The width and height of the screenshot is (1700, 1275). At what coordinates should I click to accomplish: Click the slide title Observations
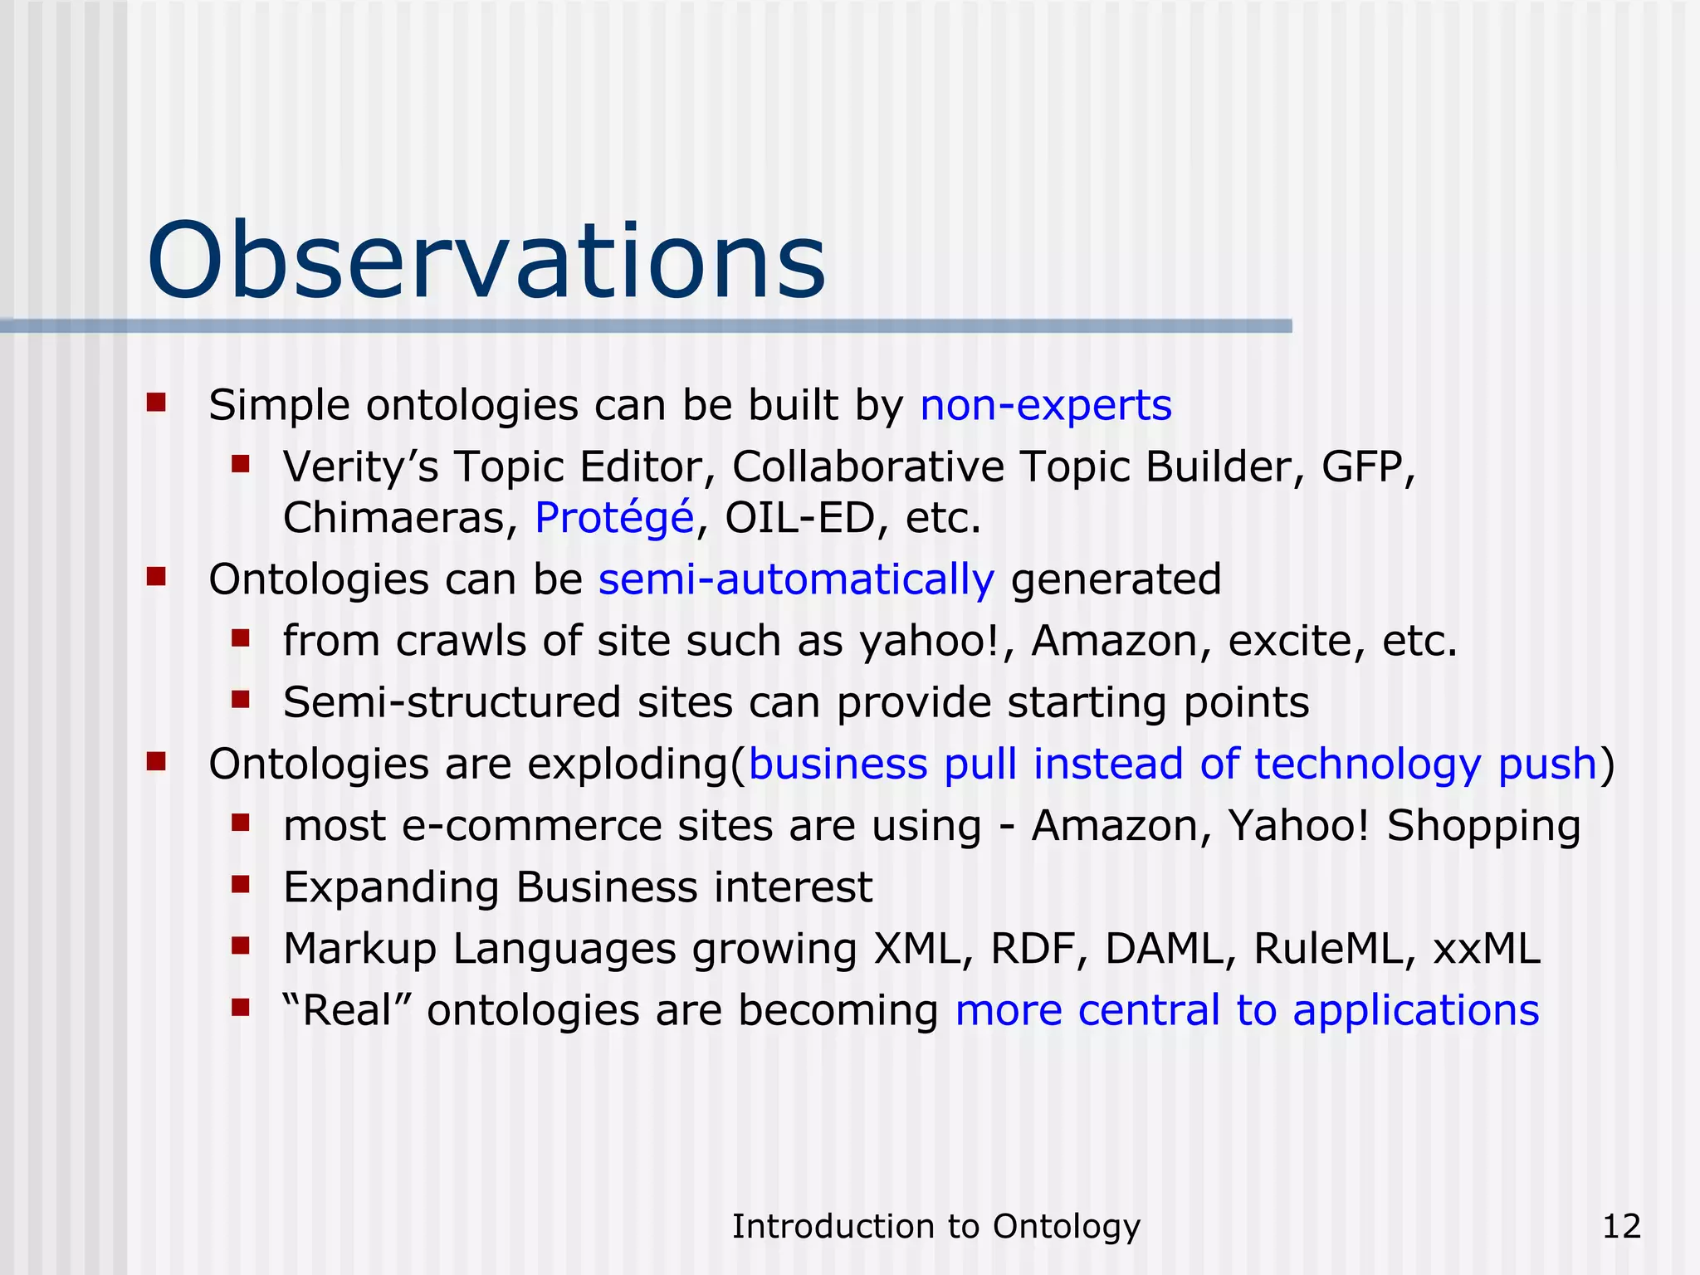coord(486,261)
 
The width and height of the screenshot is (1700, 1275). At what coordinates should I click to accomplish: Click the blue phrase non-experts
coord(1046,405)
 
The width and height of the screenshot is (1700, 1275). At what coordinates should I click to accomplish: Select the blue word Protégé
coord(614,518)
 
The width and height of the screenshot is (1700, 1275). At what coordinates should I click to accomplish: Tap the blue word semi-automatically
coord(795,579)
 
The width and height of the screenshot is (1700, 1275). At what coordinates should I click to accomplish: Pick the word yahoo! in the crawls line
coord(930,641)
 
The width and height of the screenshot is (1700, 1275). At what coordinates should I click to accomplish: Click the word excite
coord(1296,641)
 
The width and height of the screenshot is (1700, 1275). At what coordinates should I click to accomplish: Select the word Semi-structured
coord(452,702)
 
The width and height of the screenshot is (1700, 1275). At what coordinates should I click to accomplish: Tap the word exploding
coord(628,764)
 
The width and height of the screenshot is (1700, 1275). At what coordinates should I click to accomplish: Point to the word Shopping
coord(1483,826)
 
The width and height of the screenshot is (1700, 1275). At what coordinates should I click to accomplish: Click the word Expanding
coord(391,887)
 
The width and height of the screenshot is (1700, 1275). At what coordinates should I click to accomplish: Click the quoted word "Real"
coord(346,1010)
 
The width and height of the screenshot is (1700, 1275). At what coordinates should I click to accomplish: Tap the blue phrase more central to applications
coord(1247,1010)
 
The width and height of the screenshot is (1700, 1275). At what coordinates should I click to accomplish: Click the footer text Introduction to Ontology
coord(935,1226)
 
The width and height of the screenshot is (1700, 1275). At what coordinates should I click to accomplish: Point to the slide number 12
coord(1621,1226)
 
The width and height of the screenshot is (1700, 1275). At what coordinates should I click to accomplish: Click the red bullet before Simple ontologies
coord(156,403)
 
